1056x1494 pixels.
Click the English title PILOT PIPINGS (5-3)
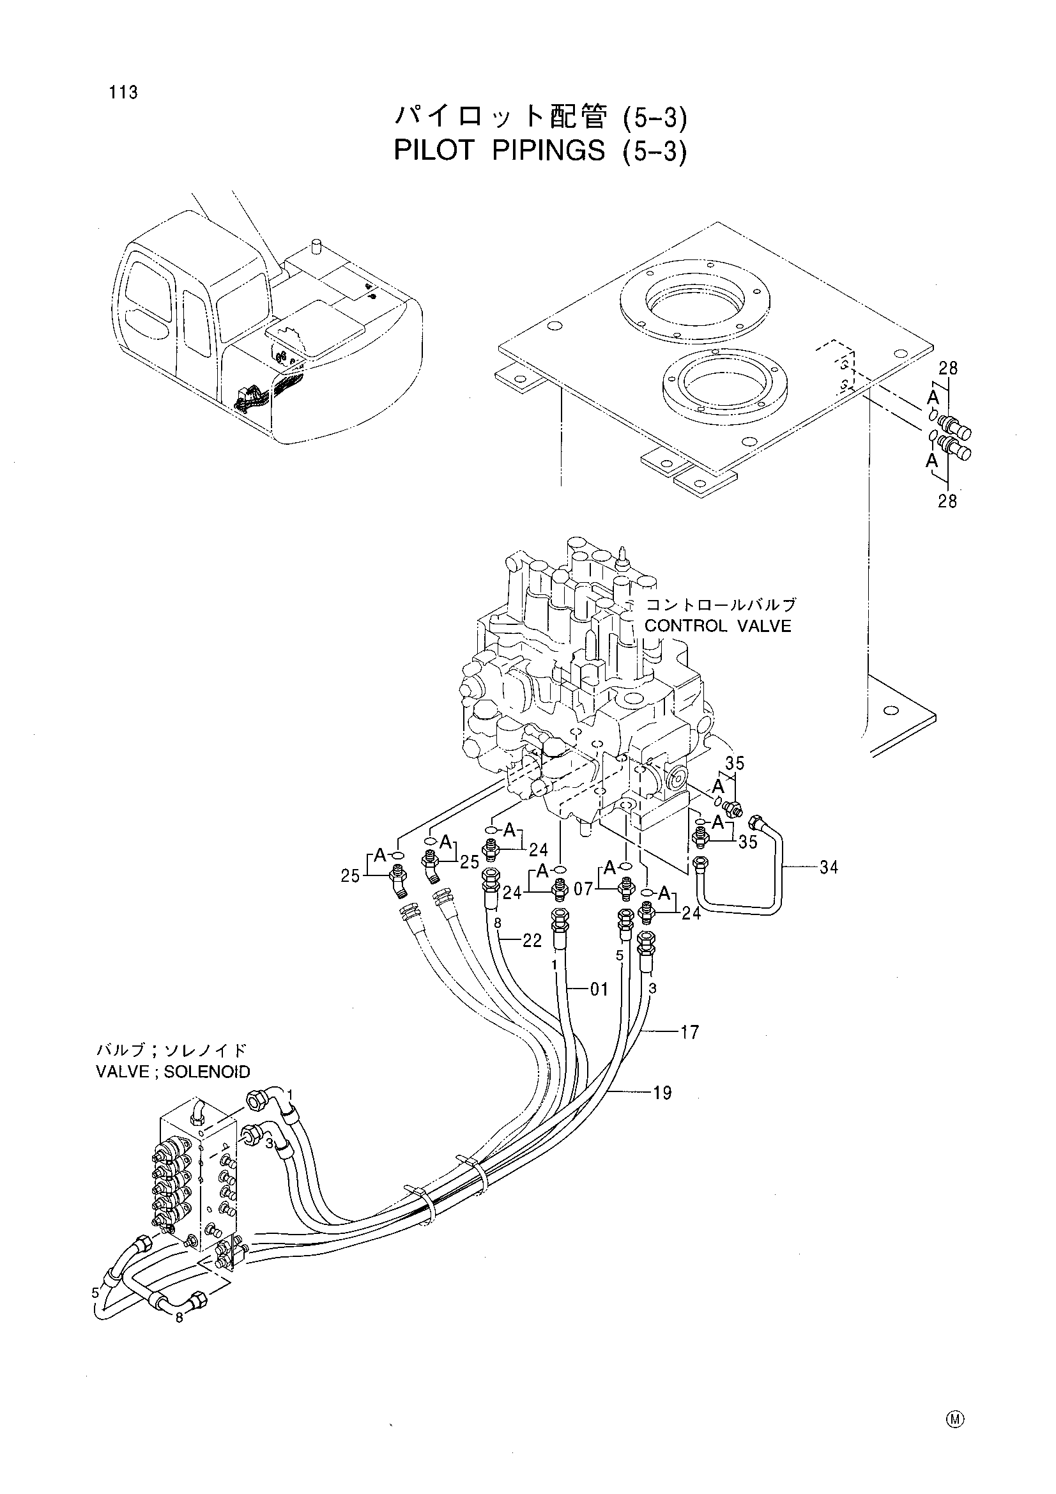(x=540, y=151)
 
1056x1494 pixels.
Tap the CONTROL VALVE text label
(x=717, y=626)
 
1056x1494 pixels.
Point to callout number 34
(x=829, y=866)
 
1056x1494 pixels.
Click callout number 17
(x=690, y=1031)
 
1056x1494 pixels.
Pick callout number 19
(x=662, y=1093)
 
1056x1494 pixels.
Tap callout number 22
(x=532, y=941)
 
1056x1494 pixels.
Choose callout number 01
(x=599, y=990)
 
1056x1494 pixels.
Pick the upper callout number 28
(x=948, y=368)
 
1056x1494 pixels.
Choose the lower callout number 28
(x=947, y=501)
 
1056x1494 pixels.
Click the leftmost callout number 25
(x=351, y=876)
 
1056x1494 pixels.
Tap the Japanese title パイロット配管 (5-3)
(x=540, y=117)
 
